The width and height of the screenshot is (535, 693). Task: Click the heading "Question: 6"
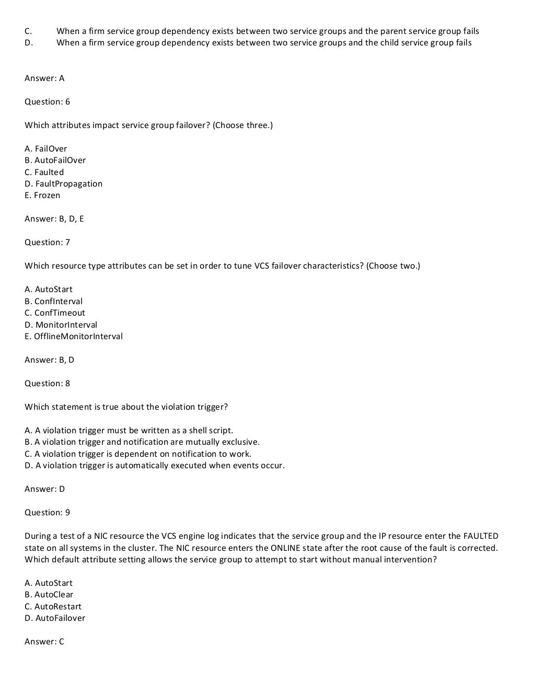(x=47, y=102)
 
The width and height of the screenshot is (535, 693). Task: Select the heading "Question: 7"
(x=47, y=242)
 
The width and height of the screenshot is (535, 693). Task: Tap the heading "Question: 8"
(x=47, y=384)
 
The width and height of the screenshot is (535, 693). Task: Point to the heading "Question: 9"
(x=47, y=513)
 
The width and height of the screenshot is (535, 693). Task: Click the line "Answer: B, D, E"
(x=54, y=219)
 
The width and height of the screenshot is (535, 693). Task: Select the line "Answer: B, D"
(x=50, y=360)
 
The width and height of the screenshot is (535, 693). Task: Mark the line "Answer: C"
(x=44, y=642)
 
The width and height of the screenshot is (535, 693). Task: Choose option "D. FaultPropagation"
(x=64, y=184)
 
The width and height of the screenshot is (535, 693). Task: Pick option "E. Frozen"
(x=42, y=195)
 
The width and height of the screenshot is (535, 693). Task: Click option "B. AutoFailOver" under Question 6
(x=55, y=160)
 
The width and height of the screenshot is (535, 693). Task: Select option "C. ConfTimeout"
(x=55, y=313)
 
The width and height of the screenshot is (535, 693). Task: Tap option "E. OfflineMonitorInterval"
(x=74, y=337)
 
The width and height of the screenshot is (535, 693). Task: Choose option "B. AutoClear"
(x=49, y=595)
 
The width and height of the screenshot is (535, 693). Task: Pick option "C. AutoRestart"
(x=53, y=607)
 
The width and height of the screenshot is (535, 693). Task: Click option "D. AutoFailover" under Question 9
(x=55, y=618)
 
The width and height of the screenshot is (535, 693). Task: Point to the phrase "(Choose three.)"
(x=243, y=125)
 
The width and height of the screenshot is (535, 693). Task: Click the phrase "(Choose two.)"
(x=393, y=266)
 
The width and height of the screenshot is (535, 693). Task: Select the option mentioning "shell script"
(x=129, y=431)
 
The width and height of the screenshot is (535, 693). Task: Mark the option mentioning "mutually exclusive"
(x=142, y=442)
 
